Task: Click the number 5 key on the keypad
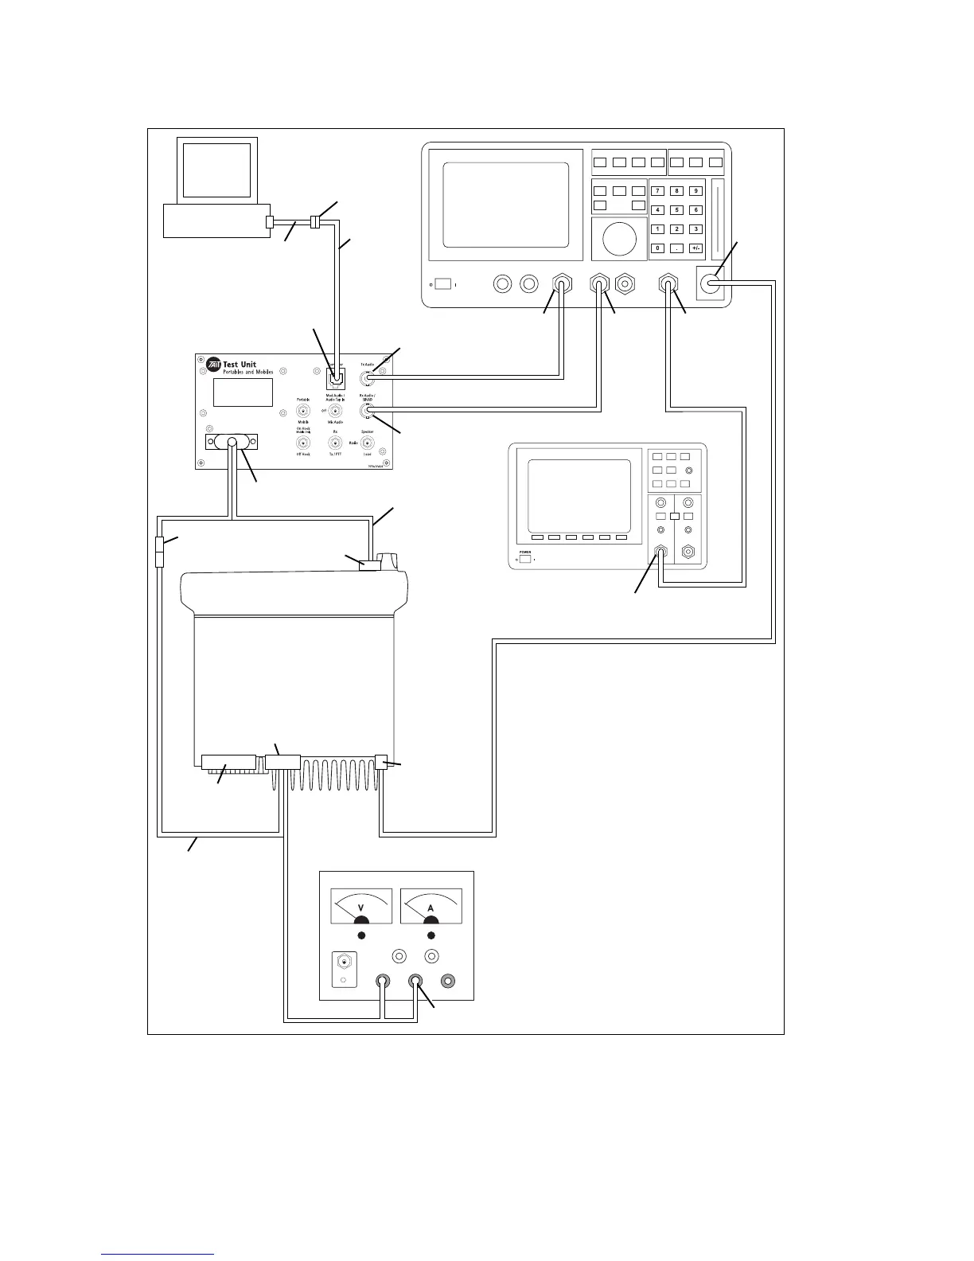tap(676, 210)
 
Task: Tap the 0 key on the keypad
tap(657, 248)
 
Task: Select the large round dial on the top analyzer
tap(620, 239)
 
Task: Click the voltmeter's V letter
tap(361, 908)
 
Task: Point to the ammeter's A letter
tap(431, 908)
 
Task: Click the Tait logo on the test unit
tap(213, 365)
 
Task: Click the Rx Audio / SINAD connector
tap(367, 411)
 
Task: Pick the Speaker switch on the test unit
tap(367, 443)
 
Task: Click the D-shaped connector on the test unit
tap(232, 442)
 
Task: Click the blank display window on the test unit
tap(243, 392)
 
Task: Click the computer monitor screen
tap(216, 170)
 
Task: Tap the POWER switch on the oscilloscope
tap(525, 558)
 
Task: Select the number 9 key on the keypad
tap(695, 191)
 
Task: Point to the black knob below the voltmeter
tap(361, 935)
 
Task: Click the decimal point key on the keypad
tap(676, 248)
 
